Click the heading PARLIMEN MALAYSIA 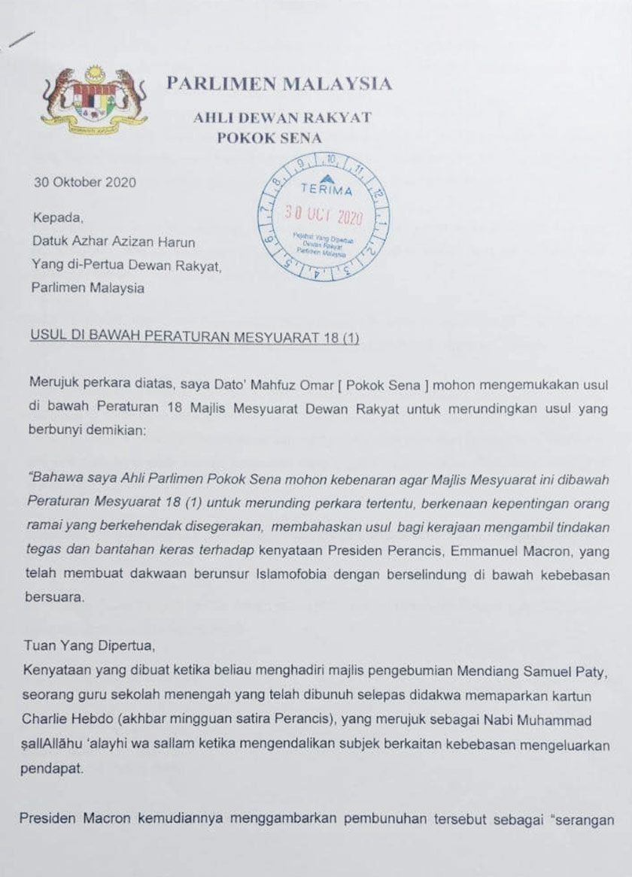279,83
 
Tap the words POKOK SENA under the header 269,138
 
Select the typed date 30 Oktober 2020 85,182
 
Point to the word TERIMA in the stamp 326,190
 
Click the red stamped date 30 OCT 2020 324,217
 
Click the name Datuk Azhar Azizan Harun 113,241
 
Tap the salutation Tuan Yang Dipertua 89,645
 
